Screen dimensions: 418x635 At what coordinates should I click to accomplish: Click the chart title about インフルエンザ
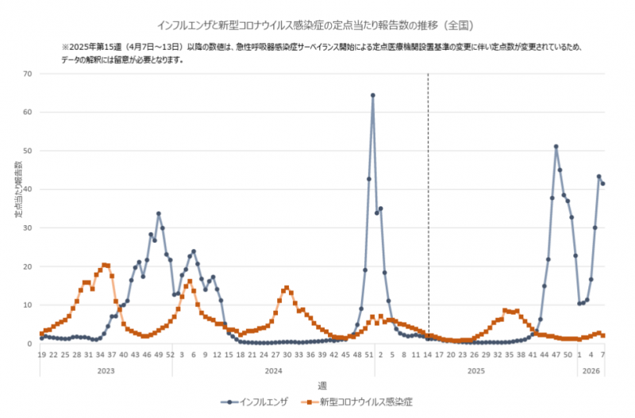(x=317, y=25)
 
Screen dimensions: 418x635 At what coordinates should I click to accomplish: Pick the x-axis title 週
(x=321, y=385)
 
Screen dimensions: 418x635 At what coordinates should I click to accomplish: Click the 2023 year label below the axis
(x=105, y=370)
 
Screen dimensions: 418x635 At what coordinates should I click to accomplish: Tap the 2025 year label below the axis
(x=476, y=370)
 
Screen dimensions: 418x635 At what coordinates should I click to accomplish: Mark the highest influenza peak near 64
(x=372, y=95)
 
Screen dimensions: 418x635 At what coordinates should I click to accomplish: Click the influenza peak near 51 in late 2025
(x=556, y=147)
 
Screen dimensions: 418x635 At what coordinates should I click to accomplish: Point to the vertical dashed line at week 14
(x=428, y=198)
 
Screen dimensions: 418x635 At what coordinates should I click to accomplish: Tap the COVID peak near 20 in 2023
(x=105, y=265)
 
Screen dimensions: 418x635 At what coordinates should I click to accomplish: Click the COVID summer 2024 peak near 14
(x=287, y=288)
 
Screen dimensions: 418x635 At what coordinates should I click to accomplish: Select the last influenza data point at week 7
(x=603, y=184)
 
